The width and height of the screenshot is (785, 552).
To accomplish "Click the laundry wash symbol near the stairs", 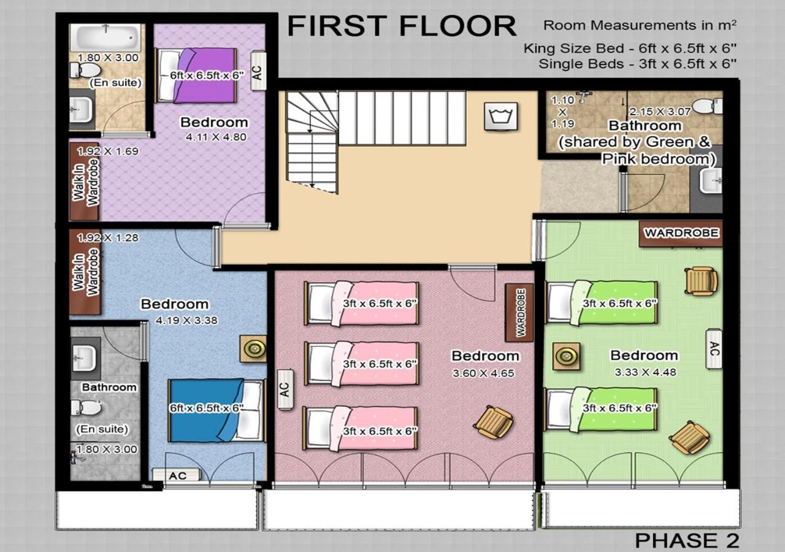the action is click(x=501, y=117).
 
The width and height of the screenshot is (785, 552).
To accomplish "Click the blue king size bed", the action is click(x=217, y=410).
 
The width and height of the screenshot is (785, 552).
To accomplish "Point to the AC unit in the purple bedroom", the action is click(x=259, y=72).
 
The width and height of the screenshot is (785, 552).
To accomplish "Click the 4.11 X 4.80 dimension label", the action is click(x=216, y=137).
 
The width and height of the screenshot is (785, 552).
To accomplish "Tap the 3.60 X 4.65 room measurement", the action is click(x=483, y=373).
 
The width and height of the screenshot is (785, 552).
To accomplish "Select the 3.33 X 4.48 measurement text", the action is click(x=645, y=372).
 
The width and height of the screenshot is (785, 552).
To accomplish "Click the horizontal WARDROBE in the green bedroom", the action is click(x=681, y=234).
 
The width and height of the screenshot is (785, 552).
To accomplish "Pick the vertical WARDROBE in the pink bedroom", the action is click(x=519, y=313).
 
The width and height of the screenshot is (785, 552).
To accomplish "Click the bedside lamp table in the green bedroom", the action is click(x=566, y=356).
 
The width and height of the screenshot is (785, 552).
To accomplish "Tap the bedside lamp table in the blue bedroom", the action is click(x=253, y=349).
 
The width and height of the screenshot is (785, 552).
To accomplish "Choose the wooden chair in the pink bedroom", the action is click(x=494, y=422).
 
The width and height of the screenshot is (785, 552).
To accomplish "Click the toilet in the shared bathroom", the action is click(x=707, y=106).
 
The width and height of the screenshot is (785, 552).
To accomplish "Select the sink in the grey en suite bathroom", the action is click(x=83, y=359).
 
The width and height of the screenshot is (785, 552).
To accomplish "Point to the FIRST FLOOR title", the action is click(x=402, y=26).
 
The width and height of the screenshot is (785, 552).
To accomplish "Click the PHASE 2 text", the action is click(x=687, y=540).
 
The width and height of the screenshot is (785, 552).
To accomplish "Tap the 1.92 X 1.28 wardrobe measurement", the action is click(x=108, y=238).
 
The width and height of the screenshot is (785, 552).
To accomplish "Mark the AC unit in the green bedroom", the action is click(x=714, y=349).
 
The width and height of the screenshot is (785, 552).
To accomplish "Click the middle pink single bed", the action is click(x=361, y=364).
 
